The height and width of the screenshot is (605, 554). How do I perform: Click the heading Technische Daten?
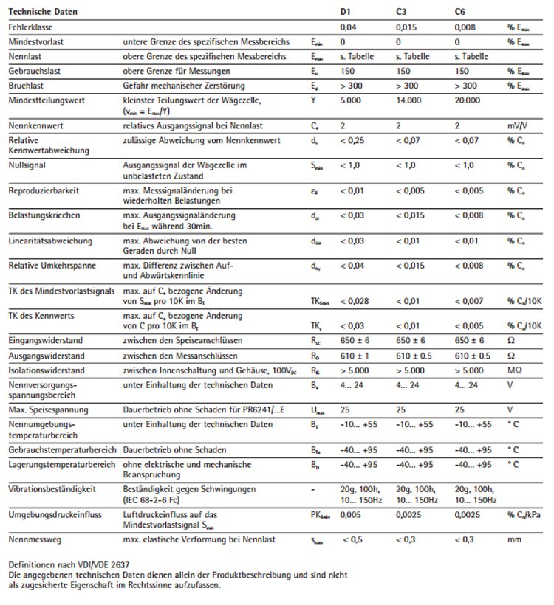tap(42, 13)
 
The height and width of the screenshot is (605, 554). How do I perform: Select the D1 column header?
tap(345, 13)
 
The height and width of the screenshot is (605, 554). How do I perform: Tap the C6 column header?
tap(460, 13)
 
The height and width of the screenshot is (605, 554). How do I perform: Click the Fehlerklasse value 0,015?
tap(406, 27)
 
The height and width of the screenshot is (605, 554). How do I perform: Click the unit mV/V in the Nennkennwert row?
tap(517, 126)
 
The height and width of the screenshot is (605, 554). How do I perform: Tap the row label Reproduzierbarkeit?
tap(38, 190)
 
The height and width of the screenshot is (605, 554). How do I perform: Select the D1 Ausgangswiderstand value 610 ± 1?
tap(354, 355)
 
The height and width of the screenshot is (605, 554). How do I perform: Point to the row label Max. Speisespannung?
tap(44, 409)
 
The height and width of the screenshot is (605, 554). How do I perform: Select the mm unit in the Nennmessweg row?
tap(514, 541)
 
